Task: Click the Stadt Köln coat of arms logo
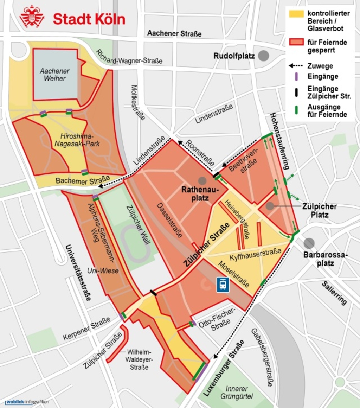click(x=32, y=17)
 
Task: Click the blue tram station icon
click(x=223, y=284)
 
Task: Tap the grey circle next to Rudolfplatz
click(x=264, y=56)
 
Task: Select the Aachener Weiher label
click(x=54, y=75)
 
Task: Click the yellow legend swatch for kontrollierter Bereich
click(x=296, y=14)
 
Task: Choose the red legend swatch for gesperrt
click(x=296, y=42)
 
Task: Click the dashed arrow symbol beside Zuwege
click(x=296, y=66)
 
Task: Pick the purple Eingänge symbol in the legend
click(x=296, y=76)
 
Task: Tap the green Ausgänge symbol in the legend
click(x=296, y=110)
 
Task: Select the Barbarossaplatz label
click(x=325, y=259)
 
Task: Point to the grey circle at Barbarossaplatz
click(x=309, y=243)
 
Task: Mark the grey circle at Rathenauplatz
click(x=202, y=181)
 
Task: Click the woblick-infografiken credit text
click(x=27, y=402)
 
